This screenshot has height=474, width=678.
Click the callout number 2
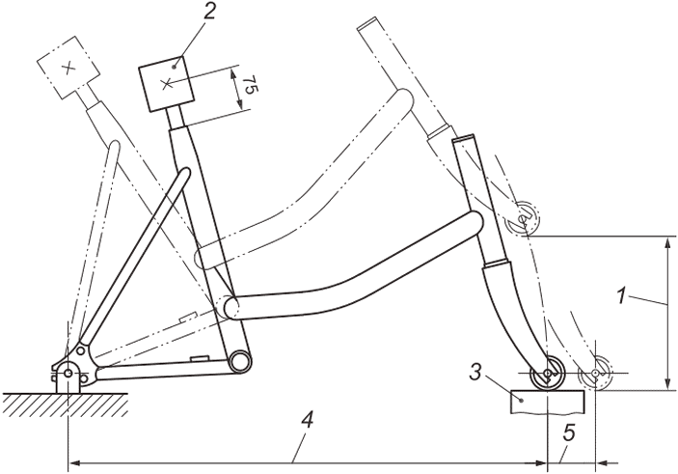point(209,14)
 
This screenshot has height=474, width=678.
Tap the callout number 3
point(475,373)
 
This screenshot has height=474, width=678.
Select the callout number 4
point(307,420)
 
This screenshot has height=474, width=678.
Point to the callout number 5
point(569,433)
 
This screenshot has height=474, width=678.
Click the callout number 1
point(621,297)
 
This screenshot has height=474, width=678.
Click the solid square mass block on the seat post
point(166,83)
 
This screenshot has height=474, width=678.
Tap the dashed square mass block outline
point(67,68)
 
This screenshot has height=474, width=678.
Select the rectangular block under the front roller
point(547,402)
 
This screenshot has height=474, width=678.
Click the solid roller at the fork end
point(548,374)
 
